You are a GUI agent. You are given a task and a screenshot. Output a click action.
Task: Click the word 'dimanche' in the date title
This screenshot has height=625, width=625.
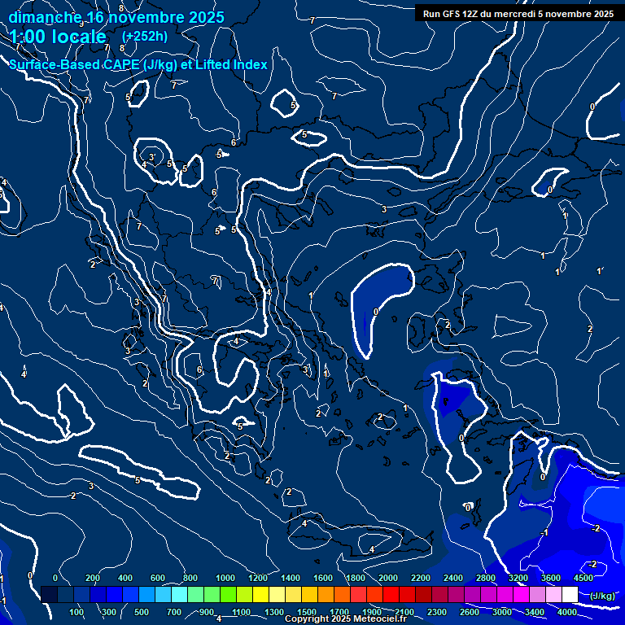[44, 17]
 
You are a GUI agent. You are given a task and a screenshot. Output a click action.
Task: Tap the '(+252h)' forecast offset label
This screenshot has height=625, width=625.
[144, 36]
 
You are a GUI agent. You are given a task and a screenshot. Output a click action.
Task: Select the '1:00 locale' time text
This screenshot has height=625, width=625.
[59, 37]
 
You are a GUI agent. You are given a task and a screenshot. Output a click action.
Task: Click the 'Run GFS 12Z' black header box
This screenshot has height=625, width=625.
[518, 13]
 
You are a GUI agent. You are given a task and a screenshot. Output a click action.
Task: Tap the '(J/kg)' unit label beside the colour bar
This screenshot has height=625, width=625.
[602, 596]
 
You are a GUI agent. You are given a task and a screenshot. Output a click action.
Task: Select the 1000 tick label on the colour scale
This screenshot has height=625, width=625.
[225, 578]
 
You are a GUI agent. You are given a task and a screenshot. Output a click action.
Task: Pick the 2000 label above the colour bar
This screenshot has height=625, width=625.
[388, 578]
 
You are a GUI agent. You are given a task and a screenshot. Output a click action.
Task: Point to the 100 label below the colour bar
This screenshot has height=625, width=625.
[77, 612]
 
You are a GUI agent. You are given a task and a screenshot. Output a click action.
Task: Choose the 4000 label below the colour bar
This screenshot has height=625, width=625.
[567, 612]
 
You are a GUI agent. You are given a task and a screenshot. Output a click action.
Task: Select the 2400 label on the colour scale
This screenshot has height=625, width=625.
[453, 578]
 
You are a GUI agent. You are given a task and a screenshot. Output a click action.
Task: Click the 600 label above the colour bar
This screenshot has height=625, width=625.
[159, 578]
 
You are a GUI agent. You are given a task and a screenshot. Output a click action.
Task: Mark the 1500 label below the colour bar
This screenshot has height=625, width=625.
[307, 612]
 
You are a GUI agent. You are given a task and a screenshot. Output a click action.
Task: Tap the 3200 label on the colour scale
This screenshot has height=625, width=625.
[518, 578]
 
